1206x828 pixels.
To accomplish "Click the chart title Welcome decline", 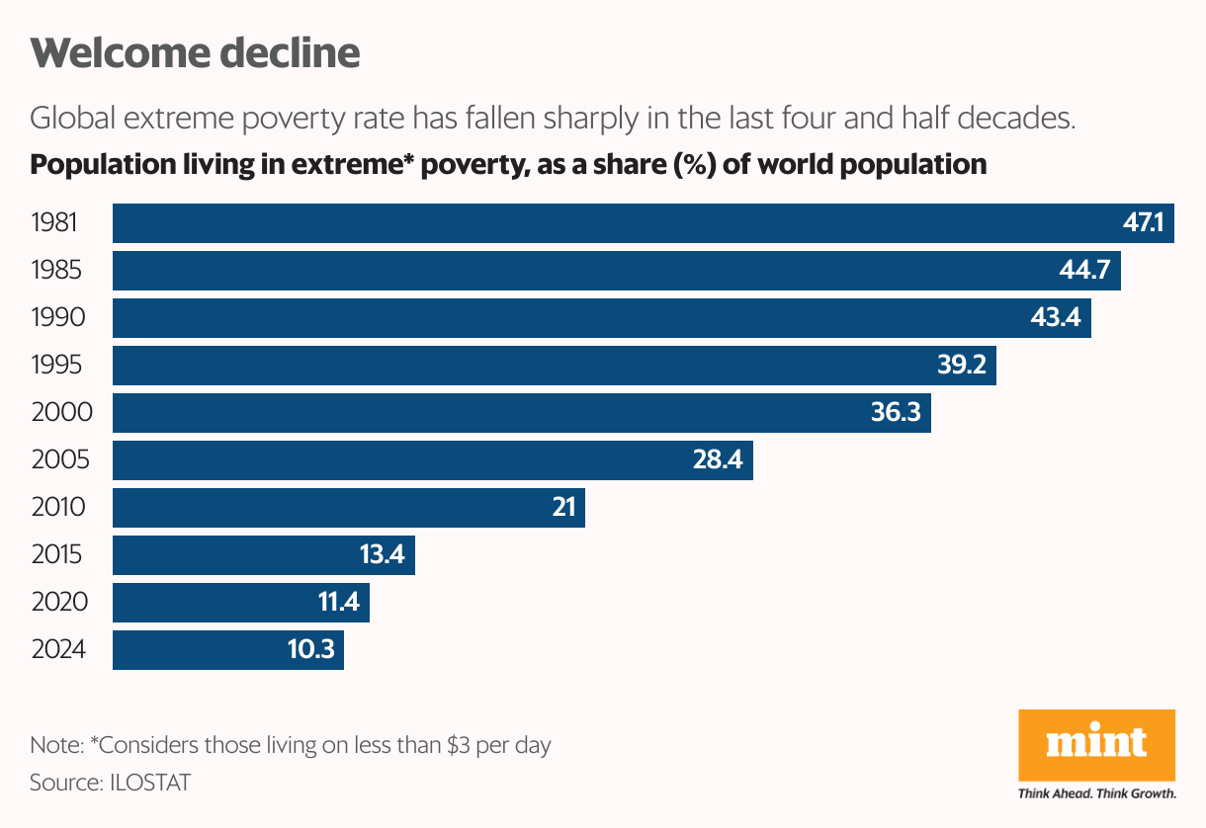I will [195, 53].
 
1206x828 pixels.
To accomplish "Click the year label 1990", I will [58, 318].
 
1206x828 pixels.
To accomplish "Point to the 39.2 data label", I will [961, 366].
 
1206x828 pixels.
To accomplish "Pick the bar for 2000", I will [494, 413].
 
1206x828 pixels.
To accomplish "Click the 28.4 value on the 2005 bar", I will [717, 460].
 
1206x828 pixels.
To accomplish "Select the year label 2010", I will [58, 508].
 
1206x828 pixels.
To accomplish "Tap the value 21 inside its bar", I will [563, 508].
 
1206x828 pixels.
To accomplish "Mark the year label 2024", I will [58, 650].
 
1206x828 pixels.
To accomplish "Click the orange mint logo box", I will [1096, 743].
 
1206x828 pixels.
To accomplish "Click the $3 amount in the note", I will [458, 745].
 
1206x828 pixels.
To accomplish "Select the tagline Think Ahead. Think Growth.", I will [1096, 793].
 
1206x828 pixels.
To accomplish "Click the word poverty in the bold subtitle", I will [465, 164].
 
